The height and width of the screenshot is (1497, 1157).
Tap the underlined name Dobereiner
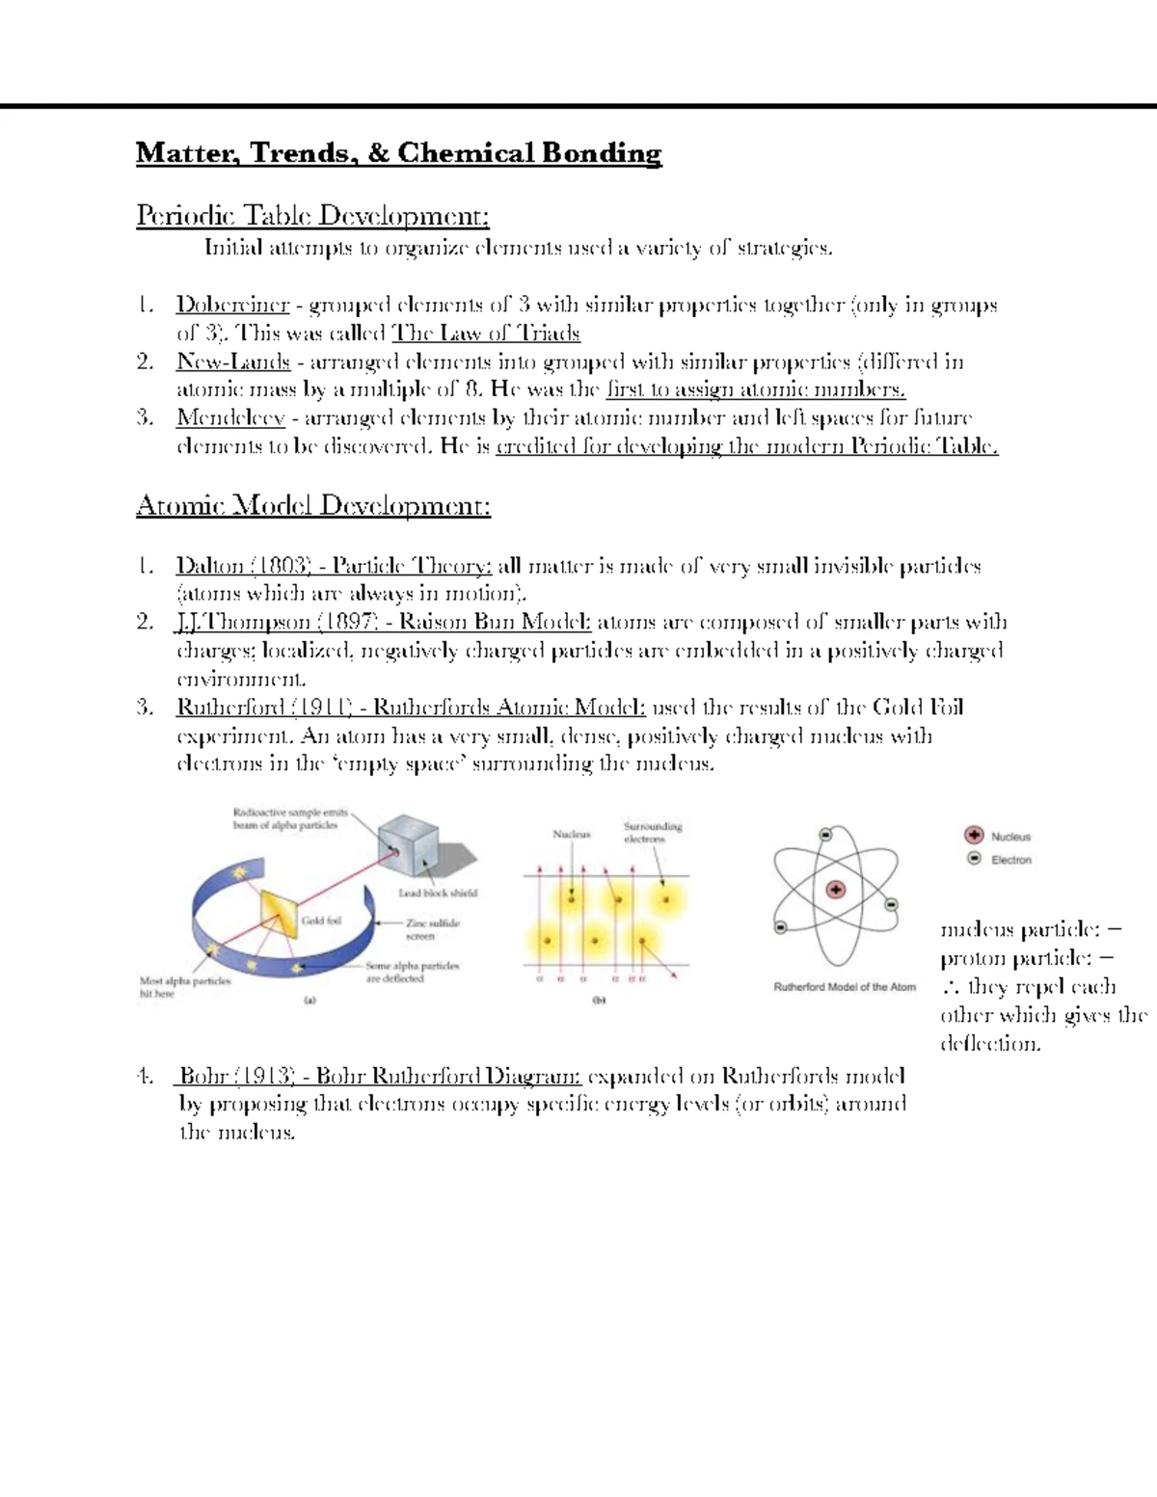(x=232, y=306)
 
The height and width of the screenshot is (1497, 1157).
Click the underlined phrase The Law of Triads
(x=485, y=334)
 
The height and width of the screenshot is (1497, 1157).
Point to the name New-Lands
(x=232, y=362)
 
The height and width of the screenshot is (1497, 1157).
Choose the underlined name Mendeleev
(x=230, y=418)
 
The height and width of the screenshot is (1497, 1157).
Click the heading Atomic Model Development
(x=313, y=505)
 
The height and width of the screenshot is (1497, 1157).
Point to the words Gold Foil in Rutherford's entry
(x=917, y=708)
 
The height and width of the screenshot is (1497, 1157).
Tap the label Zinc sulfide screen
(x=433, y=929)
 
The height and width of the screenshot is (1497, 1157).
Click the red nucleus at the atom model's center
(x=835, y=890)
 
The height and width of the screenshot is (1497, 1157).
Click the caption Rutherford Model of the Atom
(x=845, y=987)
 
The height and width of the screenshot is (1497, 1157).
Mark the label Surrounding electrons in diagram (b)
(x=653, y=833)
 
